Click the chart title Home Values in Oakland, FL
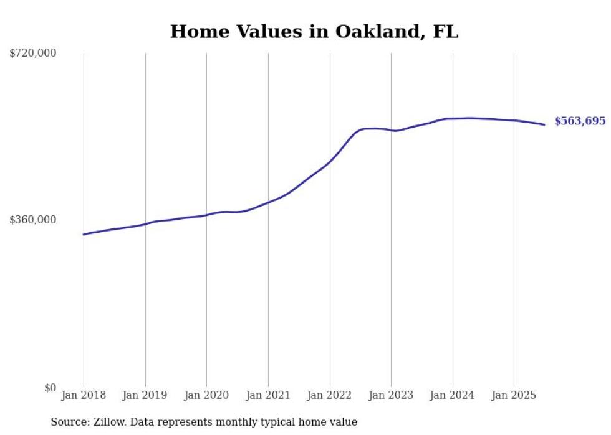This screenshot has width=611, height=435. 314,32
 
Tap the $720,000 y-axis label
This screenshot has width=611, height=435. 33,54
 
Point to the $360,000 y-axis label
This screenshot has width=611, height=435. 33,220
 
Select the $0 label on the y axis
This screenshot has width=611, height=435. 51,388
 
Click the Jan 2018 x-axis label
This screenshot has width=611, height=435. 84,395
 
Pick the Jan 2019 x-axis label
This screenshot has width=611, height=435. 145,395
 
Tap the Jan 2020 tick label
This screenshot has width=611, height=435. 206,395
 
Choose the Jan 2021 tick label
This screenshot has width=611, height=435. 268,395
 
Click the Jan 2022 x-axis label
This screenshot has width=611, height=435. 329,395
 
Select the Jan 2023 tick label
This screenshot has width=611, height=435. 391,395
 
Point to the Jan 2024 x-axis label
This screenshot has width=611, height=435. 453,395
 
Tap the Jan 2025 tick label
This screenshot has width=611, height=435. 514,395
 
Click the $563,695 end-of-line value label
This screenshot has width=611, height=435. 580,121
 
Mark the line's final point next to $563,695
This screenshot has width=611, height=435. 544,124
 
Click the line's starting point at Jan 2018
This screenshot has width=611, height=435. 84,234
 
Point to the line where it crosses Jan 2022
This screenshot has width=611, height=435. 329,162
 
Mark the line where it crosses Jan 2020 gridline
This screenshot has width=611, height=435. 206,215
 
